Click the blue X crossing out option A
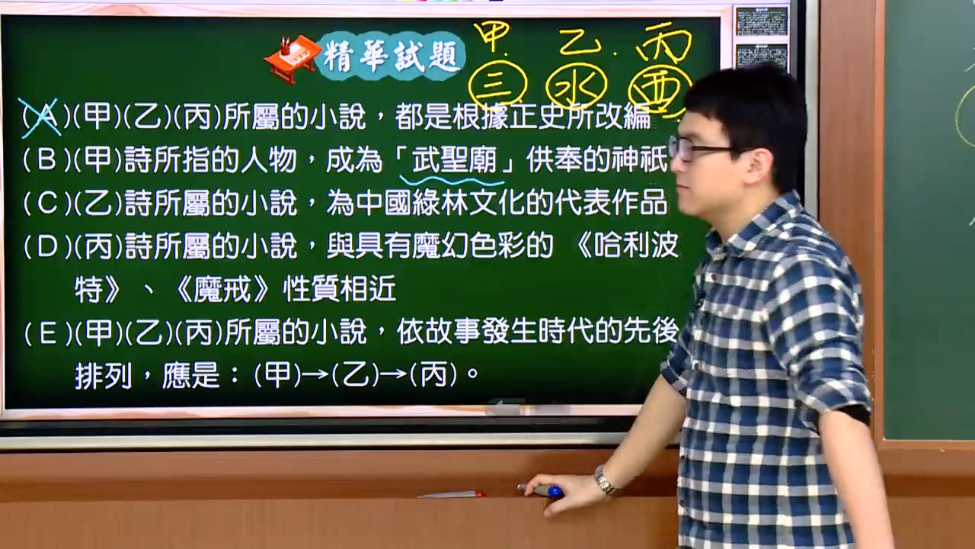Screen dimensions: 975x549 click(x=40, y=117)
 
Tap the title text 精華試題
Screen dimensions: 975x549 click(x=390, y=57)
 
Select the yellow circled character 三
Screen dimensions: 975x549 click(x=497, y=85)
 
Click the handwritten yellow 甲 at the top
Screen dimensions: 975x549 click(x=492, y=36)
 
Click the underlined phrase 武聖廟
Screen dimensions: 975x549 click(x=455, y=160)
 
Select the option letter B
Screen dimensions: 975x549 click(x=47, y=159)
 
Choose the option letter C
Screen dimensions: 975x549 click(x=47, y=203)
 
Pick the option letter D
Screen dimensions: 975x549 click(x=47, y=246)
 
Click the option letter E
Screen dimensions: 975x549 click(x=48, y=334)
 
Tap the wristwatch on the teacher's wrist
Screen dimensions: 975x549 click(x=606, y=480)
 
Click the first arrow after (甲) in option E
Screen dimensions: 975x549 click(x=315, y=374)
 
